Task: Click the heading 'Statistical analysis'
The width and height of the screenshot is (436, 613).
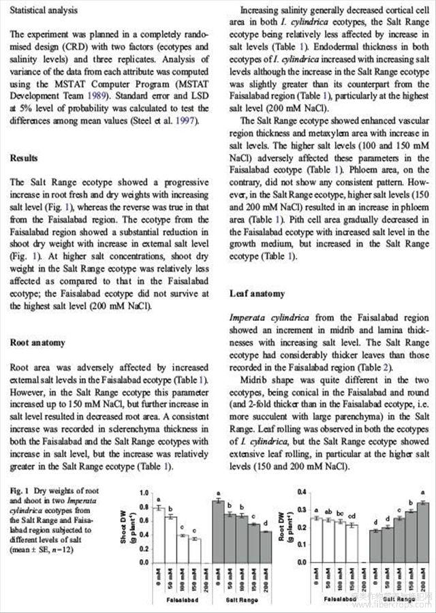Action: pos(44,11)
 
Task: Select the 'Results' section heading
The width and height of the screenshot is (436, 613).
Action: pos(24,159)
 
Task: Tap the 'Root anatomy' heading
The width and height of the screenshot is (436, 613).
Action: pos(38,343)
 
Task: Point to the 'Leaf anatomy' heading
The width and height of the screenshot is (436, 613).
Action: pos(257,294)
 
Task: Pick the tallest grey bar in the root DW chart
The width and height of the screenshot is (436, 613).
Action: pos(424,532)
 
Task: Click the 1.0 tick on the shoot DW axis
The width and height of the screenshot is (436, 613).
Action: pos(143,492)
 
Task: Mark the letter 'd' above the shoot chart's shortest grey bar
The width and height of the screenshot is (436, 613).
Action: pos(266,523)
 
